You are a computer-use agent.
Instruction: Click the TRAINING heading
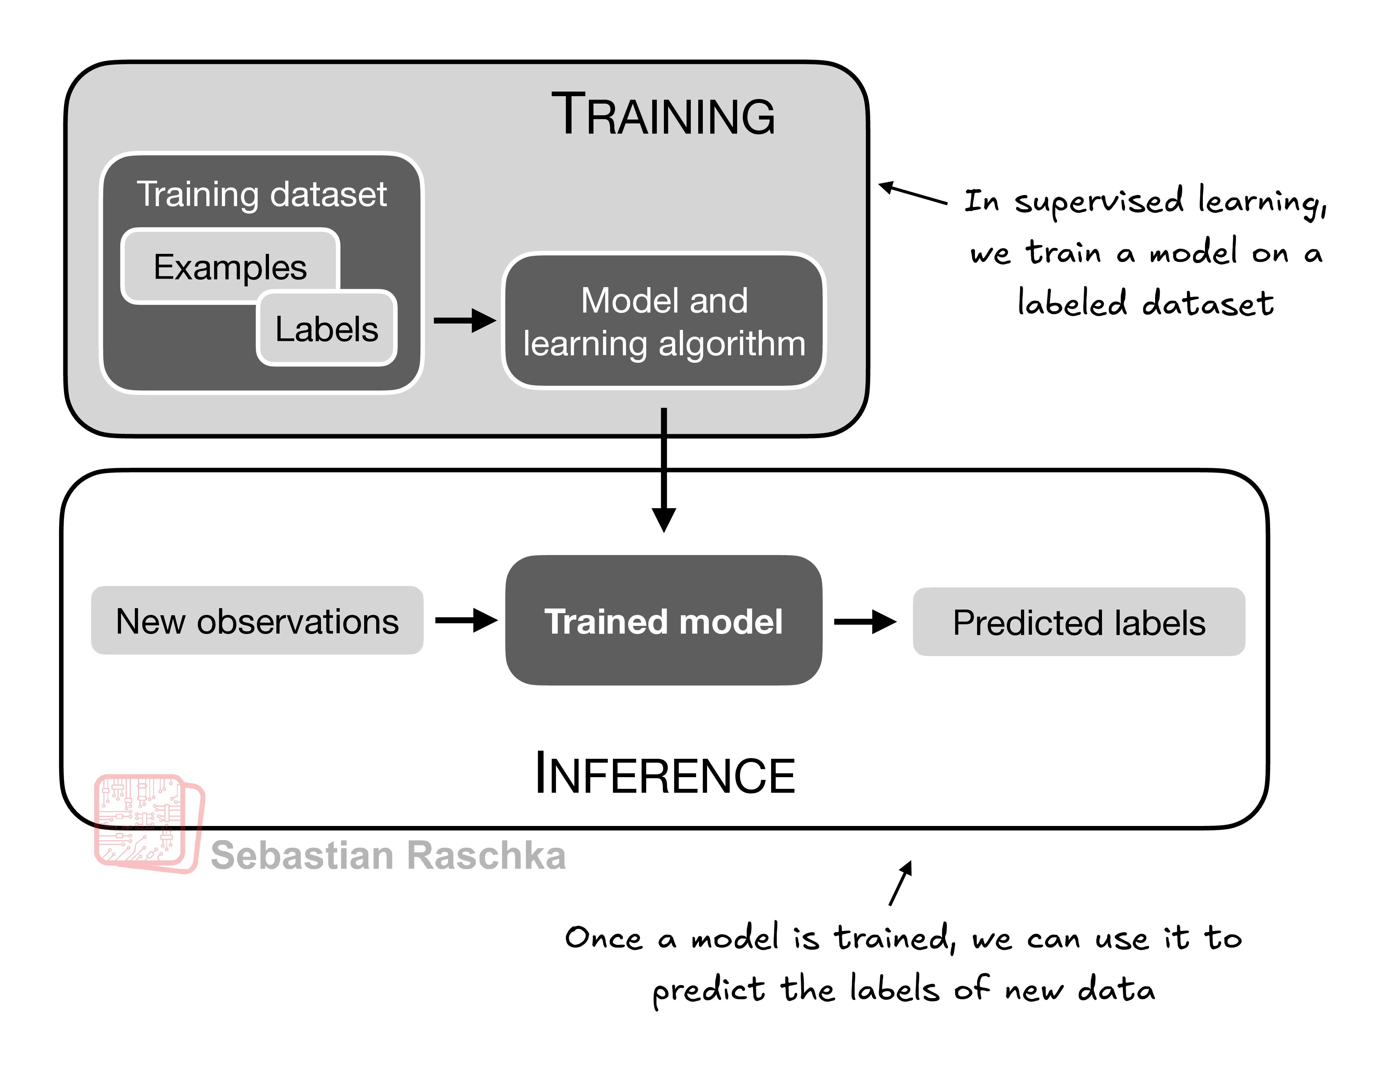[x=663, y=115]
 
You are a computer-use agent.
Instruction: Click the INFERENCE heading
[x=665, y=774]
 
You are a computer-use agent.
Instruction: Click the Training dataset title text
[x=262, y=194]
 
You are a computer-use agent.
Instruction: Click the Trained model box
[x=663, y=621]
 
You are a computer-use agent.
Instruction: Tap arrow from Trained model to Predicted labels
[x=864, y=622]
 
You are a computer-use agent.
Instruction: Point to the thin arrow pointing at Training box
[x=913, y=193]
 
